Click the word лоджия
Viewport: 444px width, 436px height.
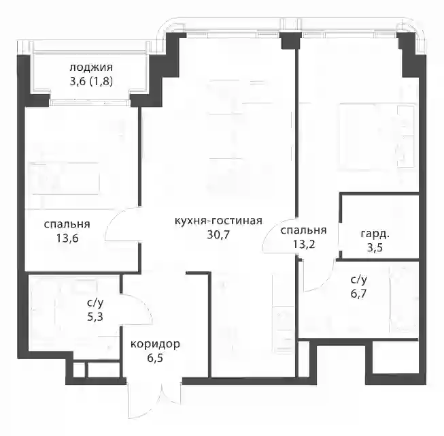click(91, 68)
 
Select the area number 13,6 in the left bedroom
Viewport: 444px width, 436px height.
click(67, 238)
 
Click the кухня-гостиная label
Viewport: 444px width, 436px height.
click(218, 221)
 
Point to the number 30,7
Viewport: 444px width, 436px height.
click(218, 235)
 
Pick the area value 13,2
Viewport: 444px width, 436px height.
click(304, 244)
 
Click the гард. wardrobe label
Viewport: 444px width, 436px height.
click(375, 234)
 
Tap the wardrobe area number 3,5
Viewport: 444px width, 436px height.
click(375, 248)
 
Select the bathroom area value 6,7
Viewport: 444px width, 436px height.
click(359, 294)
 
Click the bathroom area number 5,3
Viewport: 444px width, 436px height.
click(95, 317)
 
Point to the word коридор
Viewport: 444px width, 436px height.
click(155, 344)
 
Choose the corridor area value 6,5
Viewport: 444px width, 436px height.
click(155, 358)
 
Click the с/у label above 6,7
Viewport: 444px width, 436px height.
click(359, 280)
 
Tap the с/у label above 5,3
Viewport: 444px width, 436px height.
click(95, 303)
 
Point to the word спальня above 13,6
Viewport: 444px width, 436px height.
click(67, 224)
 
